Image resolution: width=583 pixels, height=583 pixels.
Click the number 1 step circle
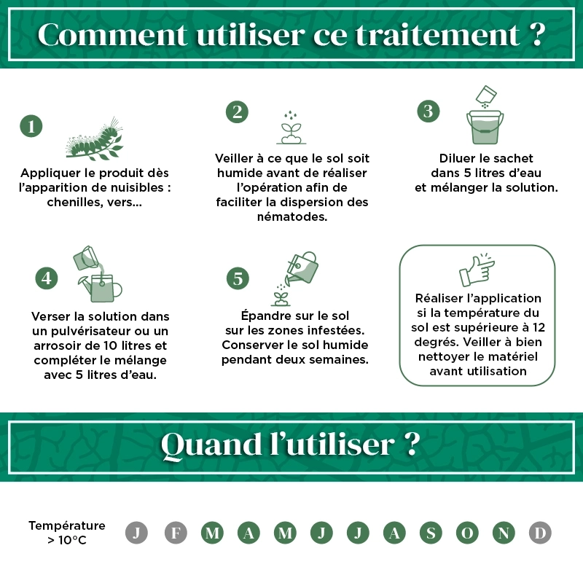[31, 126]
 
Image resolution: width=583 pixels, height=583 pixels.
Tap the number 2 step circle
[237, 111]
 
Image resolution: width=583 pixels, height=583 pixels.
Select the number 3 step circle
[429, 111]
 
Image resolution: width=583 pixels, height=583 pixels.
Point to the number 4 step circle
[47, 278]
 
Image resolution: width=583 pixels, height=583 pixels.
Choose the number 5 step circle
[238, 278]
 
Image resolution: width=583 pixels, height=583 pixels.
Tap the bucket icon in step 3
[485, 127]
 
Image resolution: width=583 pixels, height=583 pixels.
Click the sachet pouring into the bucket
[485, 95]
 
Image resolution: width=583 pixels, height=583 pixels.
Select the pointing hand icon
[477, 270]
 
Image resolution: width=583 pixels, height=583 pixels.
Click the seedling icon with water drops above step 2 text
[291, 128]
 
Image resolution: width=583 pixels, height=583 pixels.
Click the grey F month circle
[176, 533]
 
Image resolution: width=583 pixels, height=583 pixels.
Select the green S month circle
[430, 533]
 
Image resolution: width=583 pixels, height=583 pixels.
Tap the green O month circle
[467, 533]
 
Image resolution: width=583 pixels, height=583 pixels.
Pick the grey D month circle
[539, 533]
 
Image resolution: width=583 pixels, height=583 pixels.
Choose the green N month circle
[503, 533]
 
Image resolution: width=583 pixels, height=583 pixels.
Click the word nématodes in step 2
[292, 216]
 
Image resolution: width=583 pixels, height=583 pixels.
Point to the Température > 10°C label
[66, 533]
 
